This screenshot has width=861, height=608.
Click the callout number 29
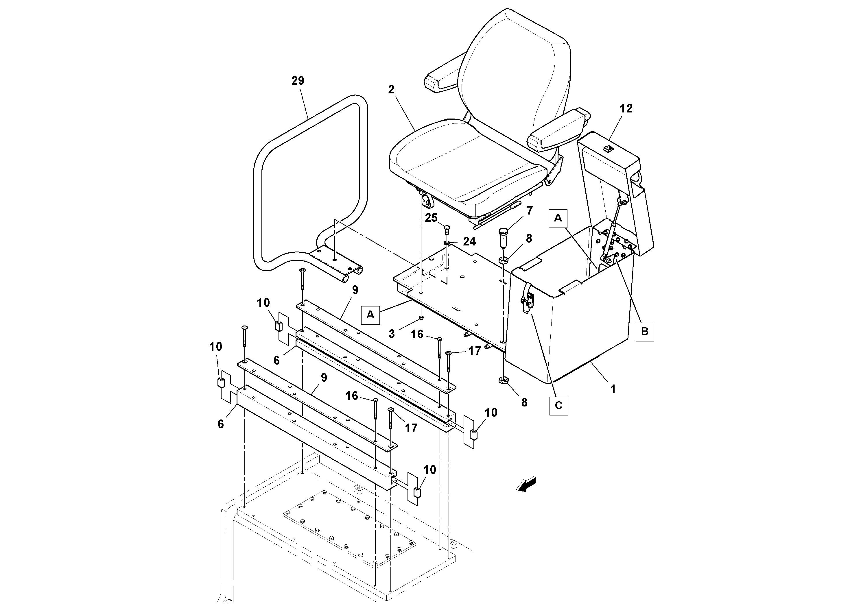click(x=298, y=81)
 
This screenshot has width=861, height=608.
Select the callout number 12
click(x=626, y=108)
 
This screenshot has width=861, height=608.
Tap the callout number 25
click(x=431, y=217)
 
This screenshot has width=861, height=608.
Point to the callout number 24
click(x=469, y=241)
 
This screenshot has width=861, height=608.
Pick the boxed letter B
click(x=645, y=332)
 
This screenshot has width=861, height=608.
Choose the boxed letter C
click(x=558, y=406)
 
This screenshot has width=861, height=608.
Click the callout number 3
click(x=392, y=334)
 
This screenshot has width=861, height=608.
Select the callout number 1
click(x=613, y=389)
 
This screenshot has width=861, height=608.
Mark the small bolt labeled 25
click(x=447, y=229)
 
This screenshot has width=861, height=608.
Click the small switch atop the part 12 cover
click(x=608, y=149)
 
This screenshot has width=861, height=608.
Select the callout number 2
click(x=391, y=89)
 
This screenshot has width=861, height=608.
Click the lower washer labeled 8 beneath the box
click(x=503, y=381)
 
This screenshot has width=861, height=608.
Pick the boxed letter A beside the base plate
click(x=370, y=315)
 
